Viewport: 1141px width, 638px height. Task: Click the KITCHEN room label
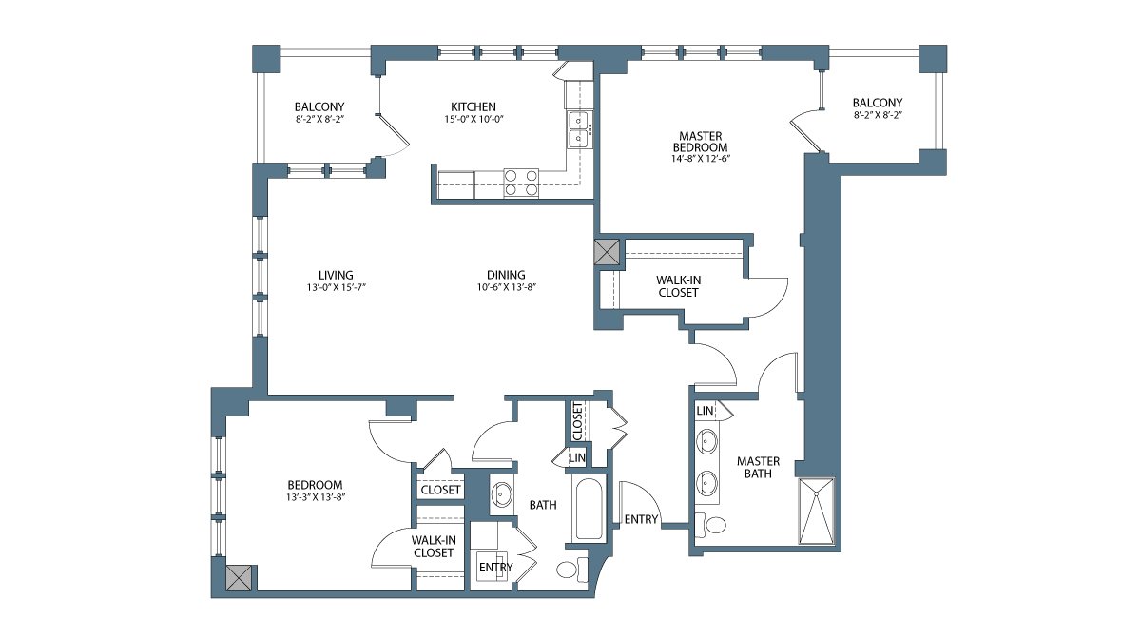[x=474, y=106]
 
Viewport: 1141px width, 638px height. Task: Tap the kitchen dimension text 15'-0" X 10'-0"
[x=474, y=120]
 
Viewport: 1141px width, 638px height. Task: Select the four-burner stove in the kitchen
[x=521, y=183]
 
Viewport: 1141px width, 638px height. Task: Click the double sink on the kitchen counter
[x=578, y=130]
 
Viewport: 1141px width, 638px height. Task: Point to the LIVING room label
[x=336, y=275]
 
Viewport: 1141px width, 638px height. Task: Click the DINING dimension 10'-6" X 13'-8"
[x=506, y=287]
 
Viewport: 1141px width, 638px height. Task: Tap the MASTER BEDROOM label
[x=701, y=142]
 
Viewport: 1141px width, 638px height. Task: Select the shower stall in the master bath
[x=817, y=511]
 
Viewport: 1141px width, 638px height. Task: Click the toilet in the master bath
[x=710, y=525]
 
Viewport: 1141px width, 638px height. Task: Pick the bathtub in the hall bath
[x=589, y=508]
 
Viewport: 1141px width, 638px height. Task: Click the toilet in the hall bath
[x=572, y=570]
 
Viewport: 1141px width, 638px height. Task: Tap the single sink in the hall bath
[x=502, y=494]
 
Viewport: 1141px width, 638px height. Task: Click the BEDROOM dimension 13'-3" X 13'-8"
[x=316, y=497]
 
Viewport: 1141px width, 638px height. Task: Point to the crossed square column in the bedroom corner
[x=239, y=577]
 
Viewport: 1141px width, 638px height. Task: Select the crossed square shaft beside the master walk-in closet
[x=607, y=252]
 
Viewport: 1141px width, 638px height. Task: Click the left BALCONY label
[x=319, y=106]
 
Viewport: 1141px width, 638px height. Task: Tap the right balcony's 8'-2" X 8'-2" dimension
[x=878, y=116]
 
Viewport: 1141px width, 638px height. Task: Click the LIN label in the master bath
[x=705, y=411]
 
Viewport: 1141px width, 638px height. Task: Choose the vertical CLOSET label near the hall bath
[x=578, y=421]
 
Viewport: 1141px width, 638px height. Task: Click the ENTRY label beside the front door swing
[x=641, y=519]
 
